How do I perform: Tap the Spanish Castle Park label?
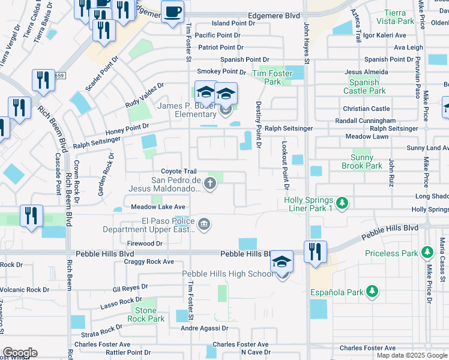click(365, 86)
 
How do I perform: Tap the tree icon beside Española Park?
click(372, 291)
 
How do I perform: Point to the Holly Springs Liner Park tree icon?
click(342, 203)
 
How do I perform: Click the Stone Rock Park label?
click(146, 314)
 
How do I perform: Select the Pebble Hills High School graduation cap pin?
click(282, 263)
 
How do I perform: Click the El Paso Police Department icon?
click(204, 224)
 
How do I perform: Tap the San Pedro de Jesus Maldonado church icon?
click(209, 184)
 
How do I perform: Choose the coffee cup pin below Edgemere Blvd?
click(173, 12)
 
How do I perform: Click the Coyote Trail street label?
click(178, 172)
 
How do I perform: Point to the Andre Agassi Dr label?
click(205, 328)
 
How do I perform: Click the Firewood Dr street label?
click(145, 243)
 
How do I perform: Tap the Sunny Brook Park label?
click(362, 161)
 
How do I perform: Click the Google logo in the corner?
click(20, 353)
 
